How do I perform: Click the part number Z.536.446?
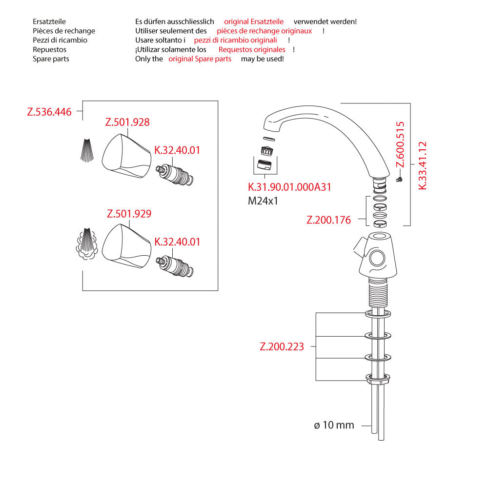[49, 112]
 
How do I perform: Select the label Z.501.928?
[127, 122]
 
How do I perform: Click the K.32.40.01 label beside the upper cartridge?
[177, 150]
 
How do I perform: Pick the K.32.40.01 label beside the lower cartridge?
[177, 242]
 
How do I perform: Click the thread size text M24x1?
[263, 200]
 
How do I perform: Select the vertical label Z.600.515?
[400, 144]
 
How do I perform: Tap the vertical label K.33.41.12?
[423, 165]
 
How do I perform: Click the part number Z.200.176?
[328, 220]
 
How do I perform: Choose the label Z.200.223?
[282, 347]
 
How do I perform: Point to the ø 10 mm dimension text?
[334, 426]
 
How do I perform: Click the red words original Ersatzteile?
[254, 21]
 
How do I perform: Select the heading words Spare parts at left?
[51, 59]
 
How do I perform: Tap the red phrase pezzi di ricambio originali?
[235, 40]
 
